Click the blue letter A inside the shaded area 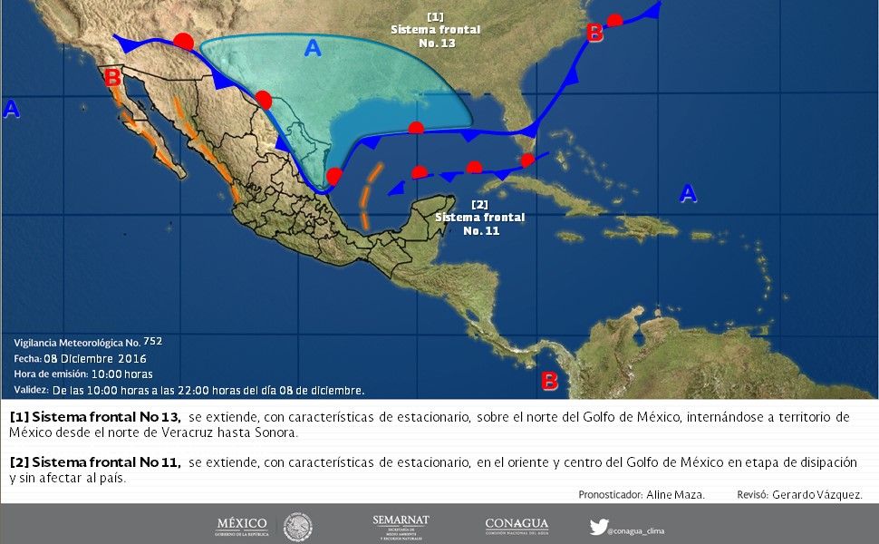tap(313, 48)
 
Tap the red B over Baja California tap(112, 78)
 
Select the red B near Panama tap(549, 381)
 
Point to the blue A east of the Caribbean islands tap(689, 192)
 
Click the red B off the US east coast tap(594, 34)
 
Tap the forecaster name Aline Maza tap(675, 494)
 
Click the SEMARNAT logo tap(400, 526)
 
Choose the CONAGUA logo tap(517, 526)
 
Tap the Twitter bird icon tap(598, 526)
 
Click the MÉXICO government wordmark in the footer tap(242, 525)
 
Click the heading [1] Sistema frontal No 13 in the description tap(95, 417)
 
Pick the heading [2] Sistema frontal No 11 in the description tap(95, 462)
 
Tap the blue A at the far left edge tap(11, 109)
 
